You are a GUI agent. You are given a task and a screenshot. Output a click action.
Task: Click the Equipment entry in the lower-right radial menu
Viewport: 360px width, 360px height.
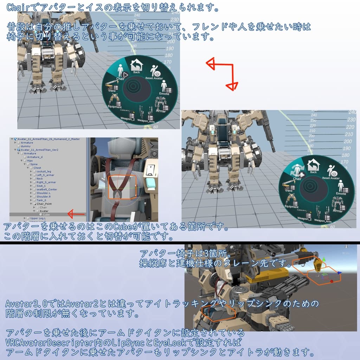(291, 201)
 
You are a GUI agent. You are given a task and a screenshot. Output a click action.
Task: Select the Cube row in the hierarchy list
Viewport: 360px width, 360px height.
(46, 214)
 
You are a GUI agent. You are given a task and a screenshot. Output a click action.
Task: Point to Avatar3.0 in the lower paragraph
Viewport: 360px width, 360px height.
(25, 303)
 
